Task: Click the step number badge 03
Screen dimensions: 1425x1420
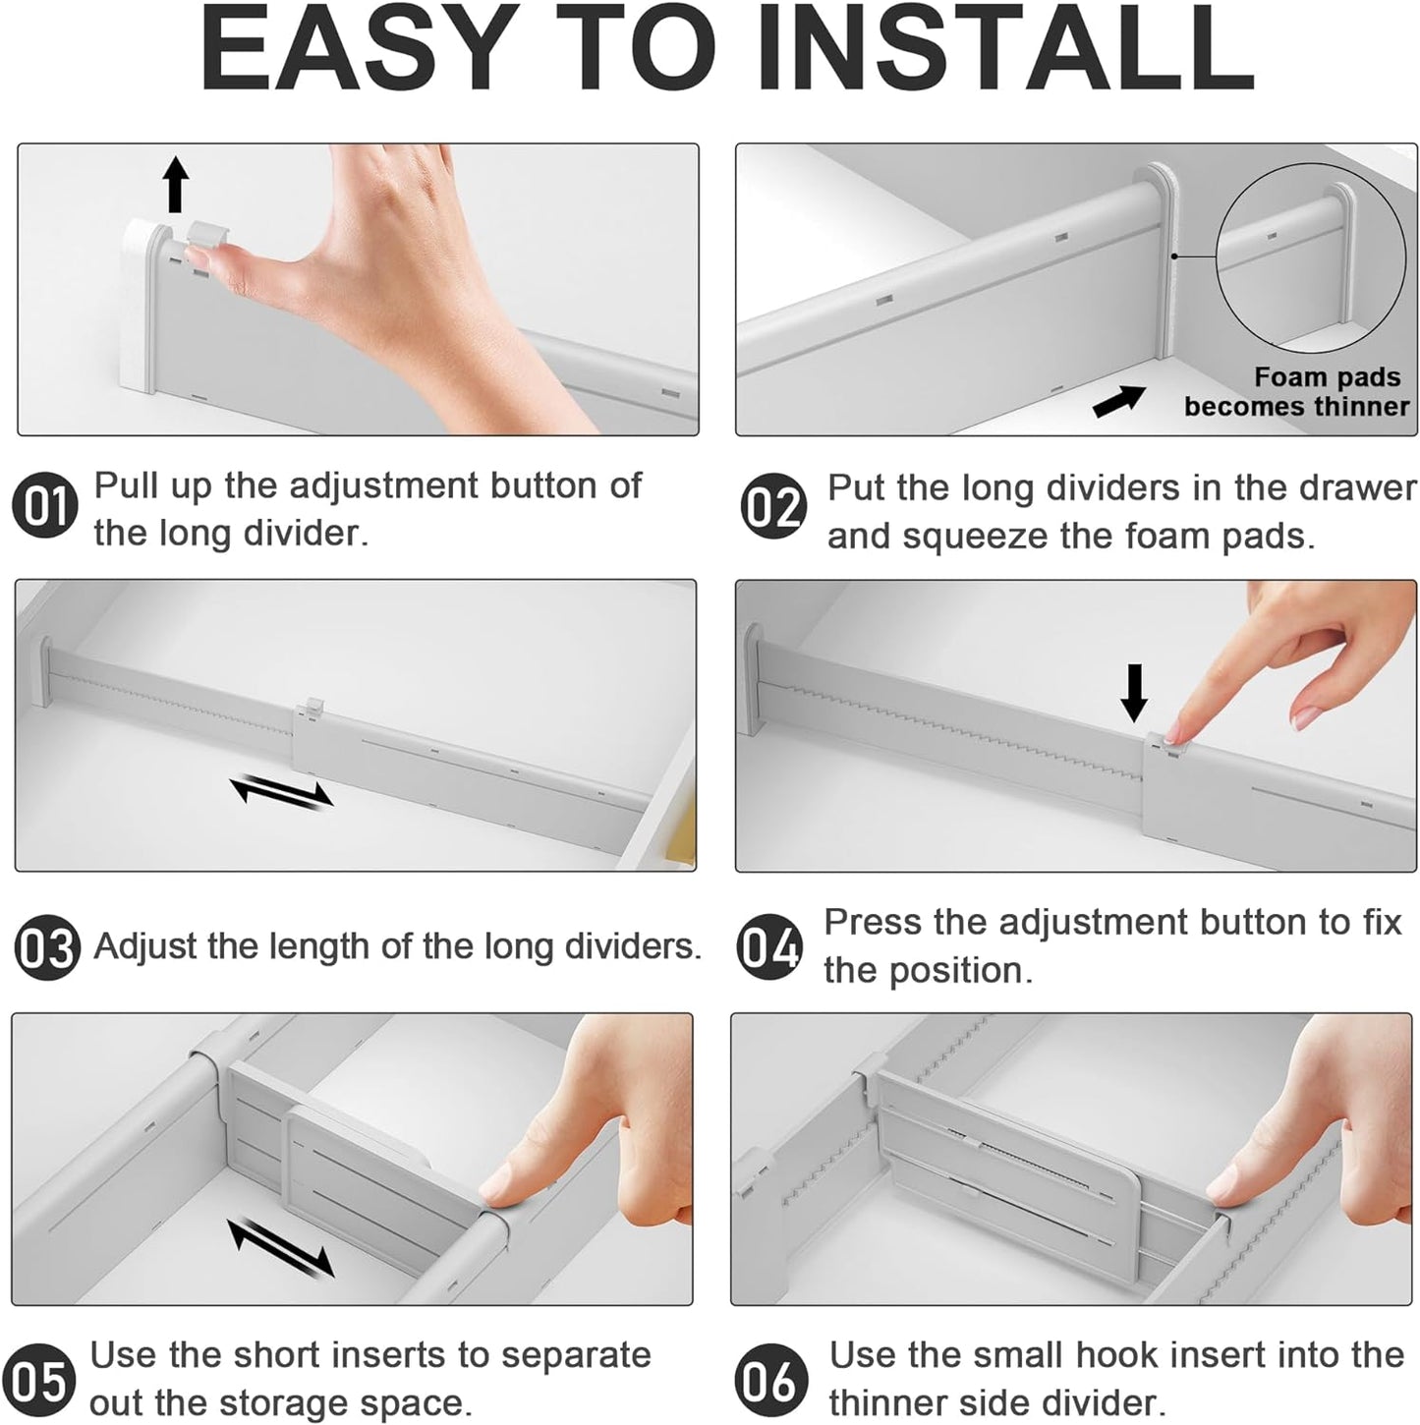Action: [x=46, y=948]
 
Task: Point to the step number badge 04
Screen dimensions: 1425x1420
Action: [x=768, y=948]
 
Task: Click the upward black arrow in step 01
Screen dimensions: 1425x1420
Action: [x=175, y=184]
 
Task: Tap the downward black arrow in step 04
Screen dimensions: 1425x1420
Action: [x=1134, y=692]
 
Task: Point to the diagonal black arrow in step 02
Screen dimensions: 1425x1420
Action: [x=1119, y=401]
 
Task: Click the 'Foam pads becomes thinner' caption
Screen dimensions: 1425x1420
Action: [x=1296, y=392]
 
